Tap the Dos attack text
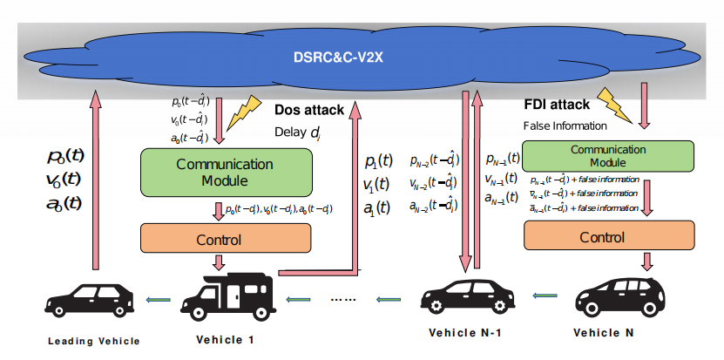click(309, 111)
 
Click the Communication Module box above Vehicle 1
click(225, 172)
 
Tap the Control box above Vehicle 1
click(225, 236)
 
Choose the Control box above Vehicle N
click(608, 235)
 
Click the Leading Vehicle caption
click(93, 341)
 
